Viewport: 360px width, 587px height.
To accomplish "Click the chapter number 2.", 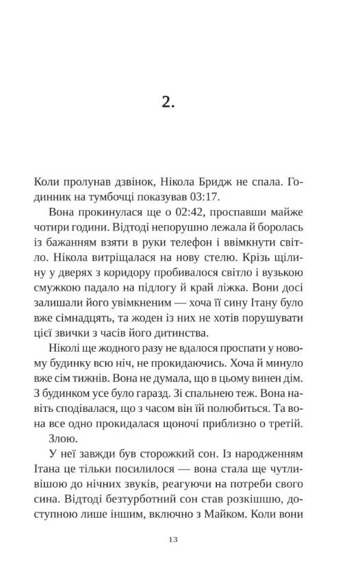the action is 170,102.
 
